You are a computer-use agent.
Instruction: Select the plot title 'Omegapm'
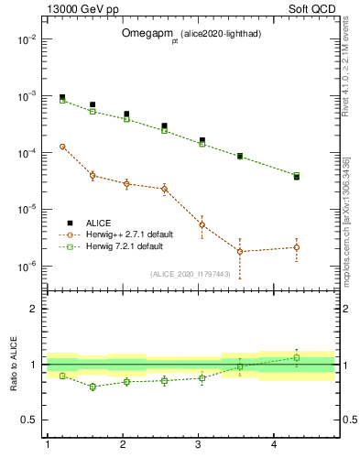pyautogui.click(x=145, y=32)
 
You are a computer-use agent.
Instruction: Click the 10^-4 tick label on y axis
pyautogui.click(x=27, y=153)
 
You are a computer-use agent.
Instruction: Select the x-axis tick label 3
pyautogui.click(x=199, y=444)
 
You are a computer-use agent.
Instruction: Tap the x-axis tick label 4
pyautogui.click(x=274, y=444)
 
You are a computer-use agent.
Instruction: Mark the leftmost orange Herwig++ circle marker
pyautogui.click(x=62, y=147)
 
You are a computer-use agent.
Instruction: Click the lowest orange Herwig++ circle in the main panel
pyautogui.click(x=240, y=251)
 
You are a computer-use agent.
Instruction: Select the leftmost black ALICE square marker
pyautogui.click(x=62, y=97)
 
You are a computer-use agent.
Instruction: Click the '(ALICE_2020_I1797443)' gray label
pyautogui.click(x=189, y=273)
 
